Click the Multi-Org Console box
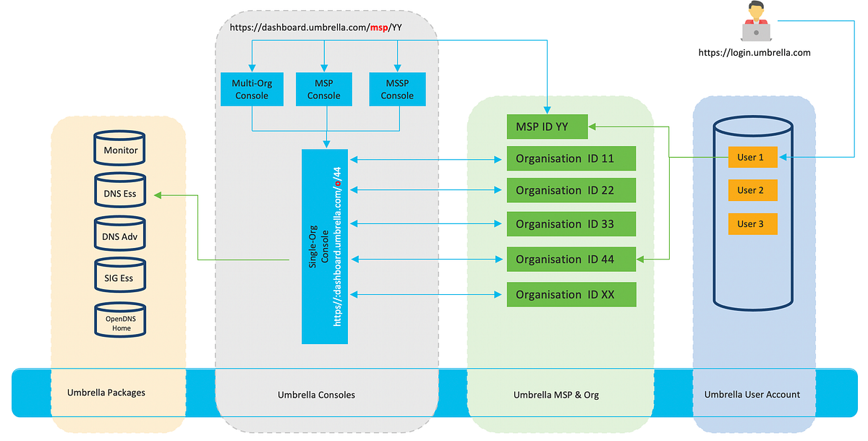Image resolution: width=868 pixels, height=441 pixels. [x=251, y=90]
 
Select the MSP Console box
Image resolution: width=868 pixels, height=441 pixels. [x=324, y=90]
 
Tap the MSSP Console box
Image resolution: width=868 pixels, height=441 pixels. [x=397, y=90]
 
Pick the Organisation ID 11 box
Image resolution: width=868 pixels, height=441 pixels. [x=571, y=158]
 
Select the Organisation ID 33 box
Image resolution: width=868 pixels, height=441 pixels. [x=571, y=224]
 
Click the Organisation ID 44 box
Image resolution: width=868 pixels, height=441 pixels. [x=571, y=259]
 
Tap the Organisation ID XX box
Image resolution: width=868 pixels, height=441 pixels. [x=571, y=294]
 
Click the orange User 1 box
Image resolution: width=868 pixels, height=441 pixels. [x=752, y=157]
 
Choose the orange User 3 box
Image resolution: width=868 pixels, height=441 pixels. [x=752, y=223]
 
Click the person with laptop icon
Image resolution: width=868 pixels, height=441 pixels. [x=756, y=22]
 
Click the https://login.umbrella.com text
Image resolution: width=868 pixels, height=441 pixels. [x=754, y=53]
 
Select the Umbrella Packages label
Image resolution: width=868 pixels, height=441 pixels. [x=106, y=393]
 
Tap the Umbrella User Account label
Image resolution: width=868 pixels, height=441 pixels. [x=753, y=394]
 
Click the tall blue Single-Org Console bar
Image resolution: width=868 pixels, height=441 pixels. [x=325, y=246]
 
